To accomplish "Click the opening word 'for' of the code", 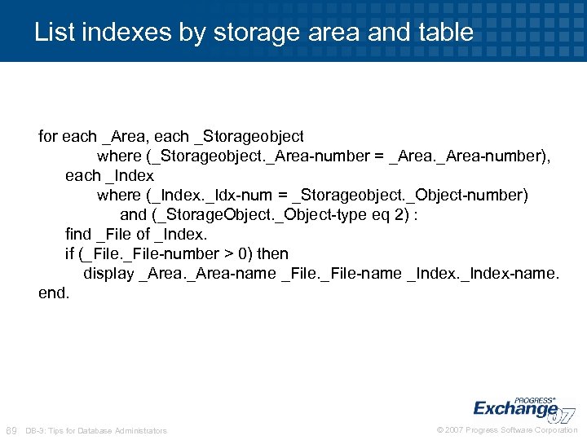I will click(49, 136).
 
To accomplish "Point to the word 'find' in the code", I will click(78, 235).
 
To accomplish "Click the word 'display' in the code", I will click(108, 274).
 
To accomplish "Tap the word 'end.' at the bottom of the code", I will click(54, 293).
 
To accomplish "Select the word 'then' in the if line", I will click(272, 254).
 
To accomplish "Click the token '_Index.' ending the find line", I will click(181, 235).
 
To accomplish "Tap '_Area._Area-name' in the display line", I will click(207, 274).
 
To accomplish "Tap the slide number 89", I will click(11, 430).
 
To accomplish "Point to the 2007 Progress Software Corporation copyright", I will click(507, 430).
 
